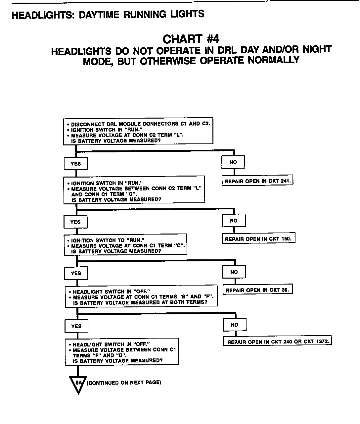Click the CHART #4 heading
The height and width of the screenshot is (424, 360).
tap(191, 39)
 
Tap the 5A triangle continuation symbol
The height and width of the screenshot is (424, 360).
tap(78, 384)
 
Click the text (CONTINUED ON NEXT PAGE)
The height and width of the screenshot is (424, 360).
tap(124, 383)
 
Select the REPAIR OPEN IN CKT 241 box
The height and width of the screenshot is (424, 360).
tap(258, 181)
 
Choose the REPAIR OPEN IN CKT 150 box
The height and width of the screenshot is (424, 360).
tap(258, 239)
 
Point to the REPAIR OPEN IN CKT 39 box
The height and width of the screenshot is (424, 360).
tap(258, 290)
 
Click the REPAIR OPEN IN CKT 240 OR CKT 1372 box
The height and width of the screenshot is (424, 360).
tap(277, 342)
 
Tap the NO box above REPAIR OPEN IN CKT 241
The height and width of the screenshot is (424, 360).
tap(233, 162)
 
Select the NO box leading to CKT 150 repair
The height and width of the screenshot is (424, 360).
tap(234, 221)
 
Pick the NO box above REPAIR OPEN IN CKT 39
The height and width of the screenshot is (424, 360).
tap(234, 272)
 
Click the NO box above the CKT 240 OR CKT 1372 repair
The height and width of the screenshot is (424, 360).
tap(235, 325)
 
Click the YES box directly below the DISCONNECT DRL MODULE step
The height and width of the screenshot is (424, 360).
tap(75, 163)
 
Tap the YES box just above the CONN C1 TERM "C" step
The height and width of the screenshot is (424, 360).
tap(75, 222)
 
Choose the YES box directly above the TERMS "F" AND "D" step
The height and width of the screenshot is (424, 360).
tap(76, 326)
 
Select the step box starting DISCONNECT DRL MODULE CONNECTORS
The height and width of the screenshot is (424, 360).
tap(138, 132)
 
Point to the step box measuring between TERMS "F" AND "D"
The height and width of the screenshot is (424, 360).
tap(122, 352)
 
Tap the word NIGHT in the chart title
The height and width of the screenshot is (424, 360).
tap(317, 50)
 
